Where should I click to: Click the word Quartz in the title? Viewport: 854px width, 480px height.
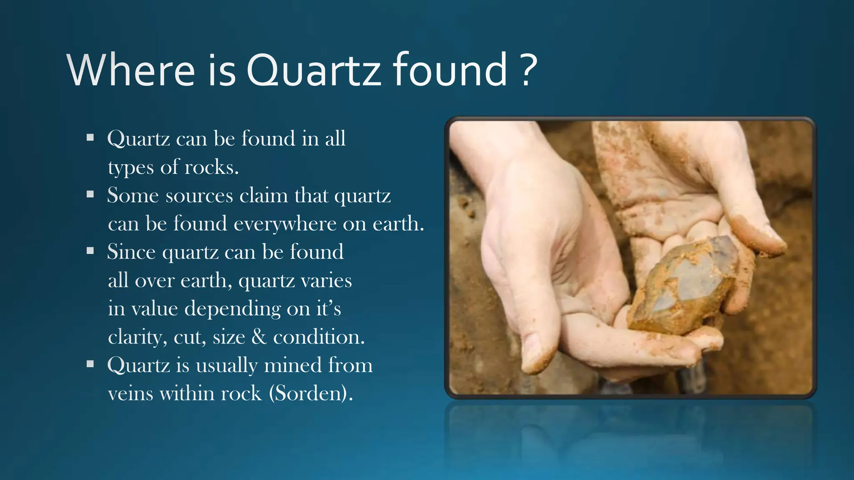tap(313, 70)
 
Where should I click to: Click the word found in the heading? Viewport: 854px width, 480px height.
tap(450, 70)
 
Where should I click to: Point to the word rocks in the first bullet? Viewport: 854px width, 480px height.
tap(211, 167)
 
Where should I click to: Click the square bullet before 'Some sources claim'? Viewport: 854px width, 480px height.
tap(90, 194)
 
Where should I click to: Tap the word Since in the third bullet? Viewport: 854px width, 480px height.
tap(131, 252)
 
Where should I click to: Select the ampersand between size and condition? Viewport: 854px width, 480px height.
tap(259, 337)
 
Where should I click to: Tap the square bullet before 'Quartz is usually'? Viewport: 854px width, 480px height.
tap(90, 364)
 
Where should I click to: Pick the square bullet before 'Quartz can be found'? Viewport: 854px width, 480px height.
tap(90, 137)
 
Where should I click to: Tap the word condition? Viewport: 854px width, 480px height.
tap(319, 337)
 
